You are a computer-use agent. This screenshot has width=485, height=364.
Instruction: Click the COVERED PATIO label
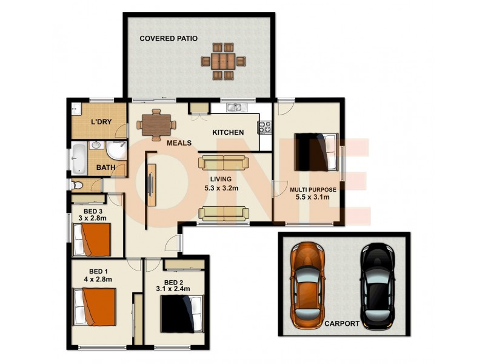coord(169,38)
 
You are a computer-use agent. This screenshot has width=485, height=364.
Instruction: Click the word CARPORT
coord(341,323)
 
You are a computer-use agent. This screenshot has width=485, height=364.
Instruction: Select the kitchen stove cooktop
coord(264,127)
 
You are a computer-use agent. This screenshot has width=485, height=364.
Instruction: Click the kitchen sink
coord(235,108)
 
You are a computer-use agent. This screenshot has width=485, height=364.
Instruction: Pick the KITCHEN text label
coord(227,132)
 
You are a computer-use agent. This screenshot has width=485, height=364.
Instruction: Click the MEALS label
coord(179,143)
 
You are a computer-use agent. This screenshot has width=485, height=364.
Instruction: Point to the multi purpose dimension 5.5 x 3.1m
coord(312,197)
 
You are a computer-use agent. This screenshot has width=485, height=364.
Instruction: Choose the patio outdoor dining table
coord(224,61)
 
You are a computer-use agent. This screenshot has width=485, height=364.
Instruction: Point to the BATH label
coord(107,167)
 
